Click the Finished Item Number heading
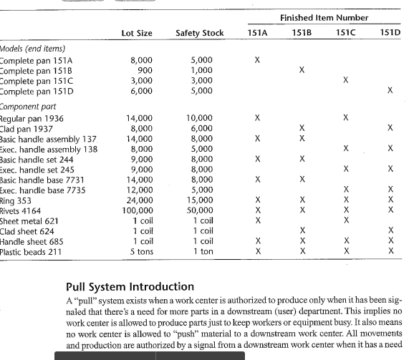pos(324,17)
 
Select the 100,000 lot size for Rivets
pos(138,210)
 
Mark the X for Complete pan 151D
pos(390,91)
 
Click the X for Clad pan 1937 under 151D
pos(390,127)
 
